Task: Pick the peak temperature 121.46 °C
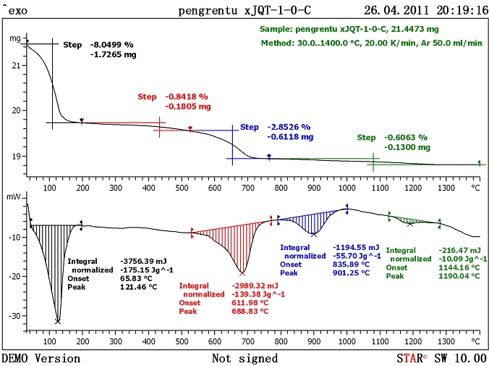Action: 139,287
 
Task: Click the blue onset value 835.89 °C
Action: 352,265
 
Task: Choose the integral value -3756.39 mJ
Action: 143,260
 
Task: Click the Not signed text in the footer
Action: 244,358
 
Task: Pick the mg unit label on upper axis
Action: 14,38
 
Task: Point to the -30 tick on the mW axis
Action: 14,315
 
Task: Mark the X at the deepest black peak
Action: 58,320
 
